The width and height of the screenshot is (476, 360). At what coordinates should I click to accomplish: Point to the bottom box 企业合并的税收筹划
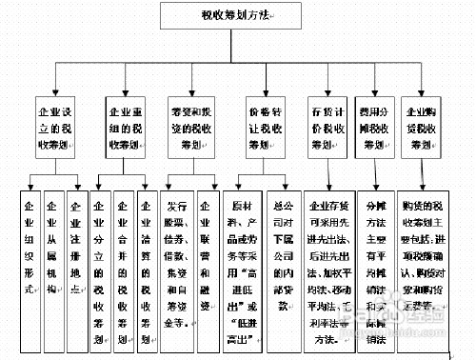pyautogui.click(x=124, y=262)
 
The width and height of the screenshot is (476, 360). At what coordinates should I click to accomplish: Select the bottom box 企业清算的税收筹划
pyautogui.click(x=147, y=262)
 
